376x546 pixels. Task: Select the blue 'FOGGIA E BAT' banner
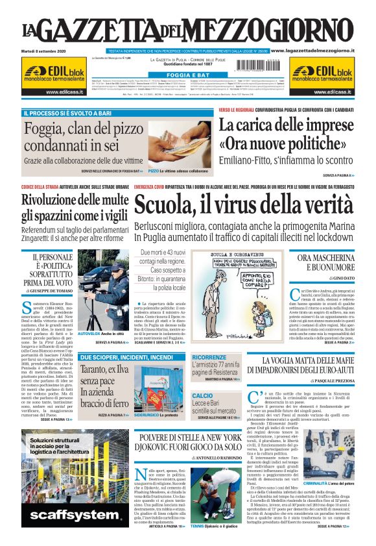coord(187,75)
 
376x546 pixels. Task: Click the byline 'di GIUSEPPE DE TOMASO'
coord(48,292)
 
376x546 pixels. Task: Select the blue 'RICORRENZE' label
coord(209,357)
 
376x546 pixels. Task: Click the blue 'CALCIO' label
coord(202,395)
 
